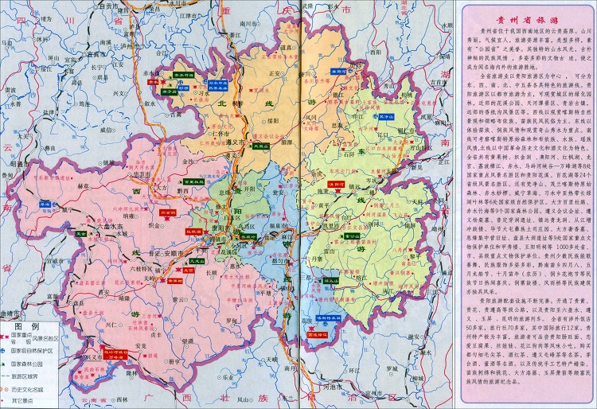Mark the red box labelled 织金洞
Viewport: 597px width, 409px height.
(168, 213)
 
